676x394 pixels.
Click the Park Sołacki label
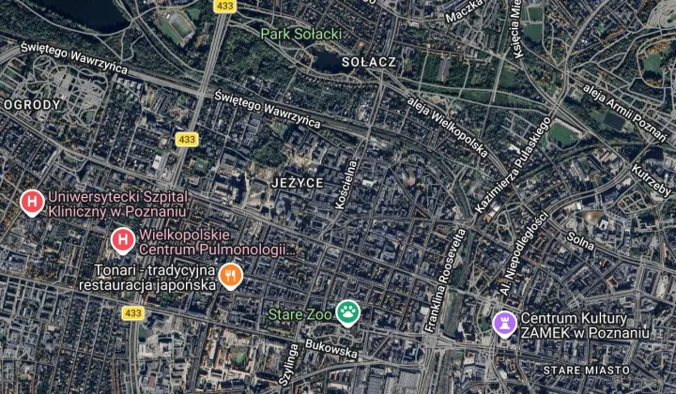click(300, 34)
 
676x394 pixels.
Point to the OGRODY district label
click(32, 104)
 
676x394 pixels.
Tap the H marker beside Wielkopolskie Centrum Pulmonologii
click(122, 241)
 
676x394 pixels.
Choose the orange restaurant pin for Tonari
click(231, 275)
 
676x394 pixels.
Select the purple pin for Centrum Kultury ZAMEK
click(505, 324)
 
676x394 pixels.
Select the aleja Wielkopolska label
click(446, 126)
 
